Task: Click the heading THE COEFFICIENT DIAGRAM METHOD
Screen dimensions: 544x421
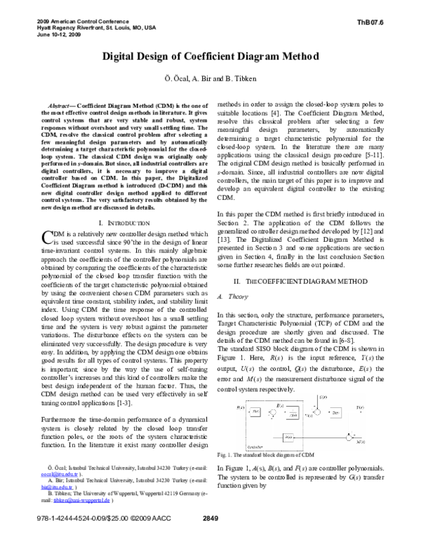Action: (x=298, y=261)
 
